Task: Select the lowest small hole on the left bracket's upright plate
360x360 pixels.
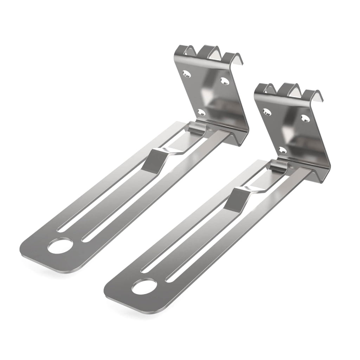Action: (x=201, y=112)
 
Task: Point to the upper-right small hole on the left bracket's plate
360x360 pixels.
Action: (x=224, y=81)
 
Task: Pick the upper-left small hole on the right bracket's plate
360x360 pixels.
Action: (x=267, y=112)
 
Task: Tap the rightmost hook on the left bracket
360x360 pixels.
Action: (x=234, y=58)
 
